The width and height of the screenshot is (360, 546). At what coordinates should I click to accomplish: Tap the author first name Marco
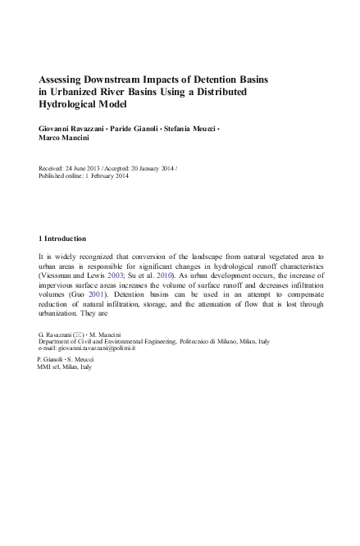click(52, 139)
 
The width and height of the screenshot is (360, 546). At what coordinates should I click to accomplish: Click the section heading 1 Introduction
click(62, 239)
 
